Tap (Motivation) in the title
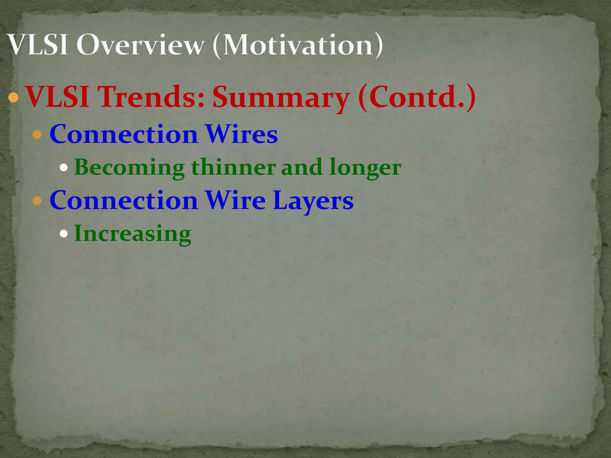point(297,45)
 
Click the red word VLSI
point(58,97)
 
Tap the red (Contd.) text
point(417,97)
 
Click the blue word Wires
point(242,134)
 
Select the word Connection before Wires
point(124,134)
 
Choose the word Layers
point(313,201)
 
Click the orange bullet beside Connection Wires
point(37,134)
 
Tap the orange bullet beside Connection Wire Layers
point(37,201)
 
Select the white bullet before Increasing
point(64,233)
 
